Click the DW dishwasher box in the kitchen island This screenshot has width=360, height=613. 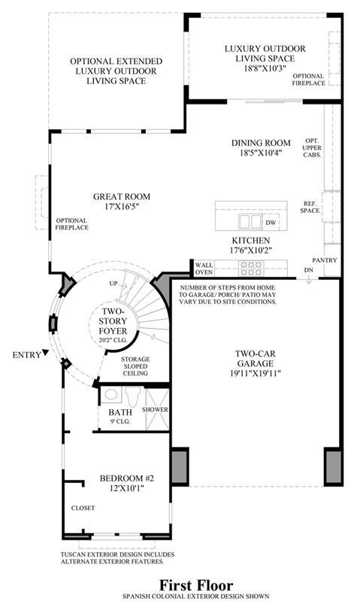point(271,222)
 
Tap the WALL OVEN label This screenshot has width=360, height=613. point(204,269)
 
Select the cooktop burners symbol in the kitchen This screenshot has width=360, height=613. point(251,269)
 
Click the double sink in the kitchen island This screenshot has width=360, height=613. point(250,222)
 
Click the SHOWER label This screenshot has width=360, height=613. point(155,410)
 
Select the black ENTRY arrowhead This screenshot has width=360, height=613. point(46,352)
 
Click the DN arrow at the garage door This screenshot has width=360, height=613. point(308,279)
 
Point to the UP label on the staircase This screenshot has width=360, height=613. point(113,284)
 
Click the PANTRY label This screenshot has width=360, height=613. point(325,260)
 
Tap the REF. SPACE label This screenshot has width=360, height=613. point(312,207)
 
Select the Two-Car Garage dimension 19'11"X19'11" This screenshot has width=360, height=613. point(256,373)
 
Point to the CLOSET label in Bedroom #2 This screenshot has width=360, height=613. point(83,508)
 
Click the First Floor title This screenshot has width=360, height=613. point(196,585)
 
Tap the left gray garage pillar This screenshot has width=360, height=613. point(180,467)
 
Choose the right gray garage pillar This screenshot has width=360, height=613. point(333,467)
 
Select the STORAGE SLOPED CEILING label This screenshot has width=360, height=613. point(135,366)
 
